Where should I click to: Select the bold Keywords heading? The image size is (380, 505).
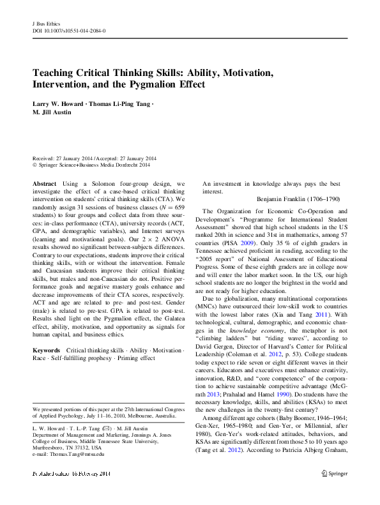[46, 350]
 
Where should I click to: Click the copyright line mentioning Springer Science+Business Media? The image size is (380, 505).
[94, 165]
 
